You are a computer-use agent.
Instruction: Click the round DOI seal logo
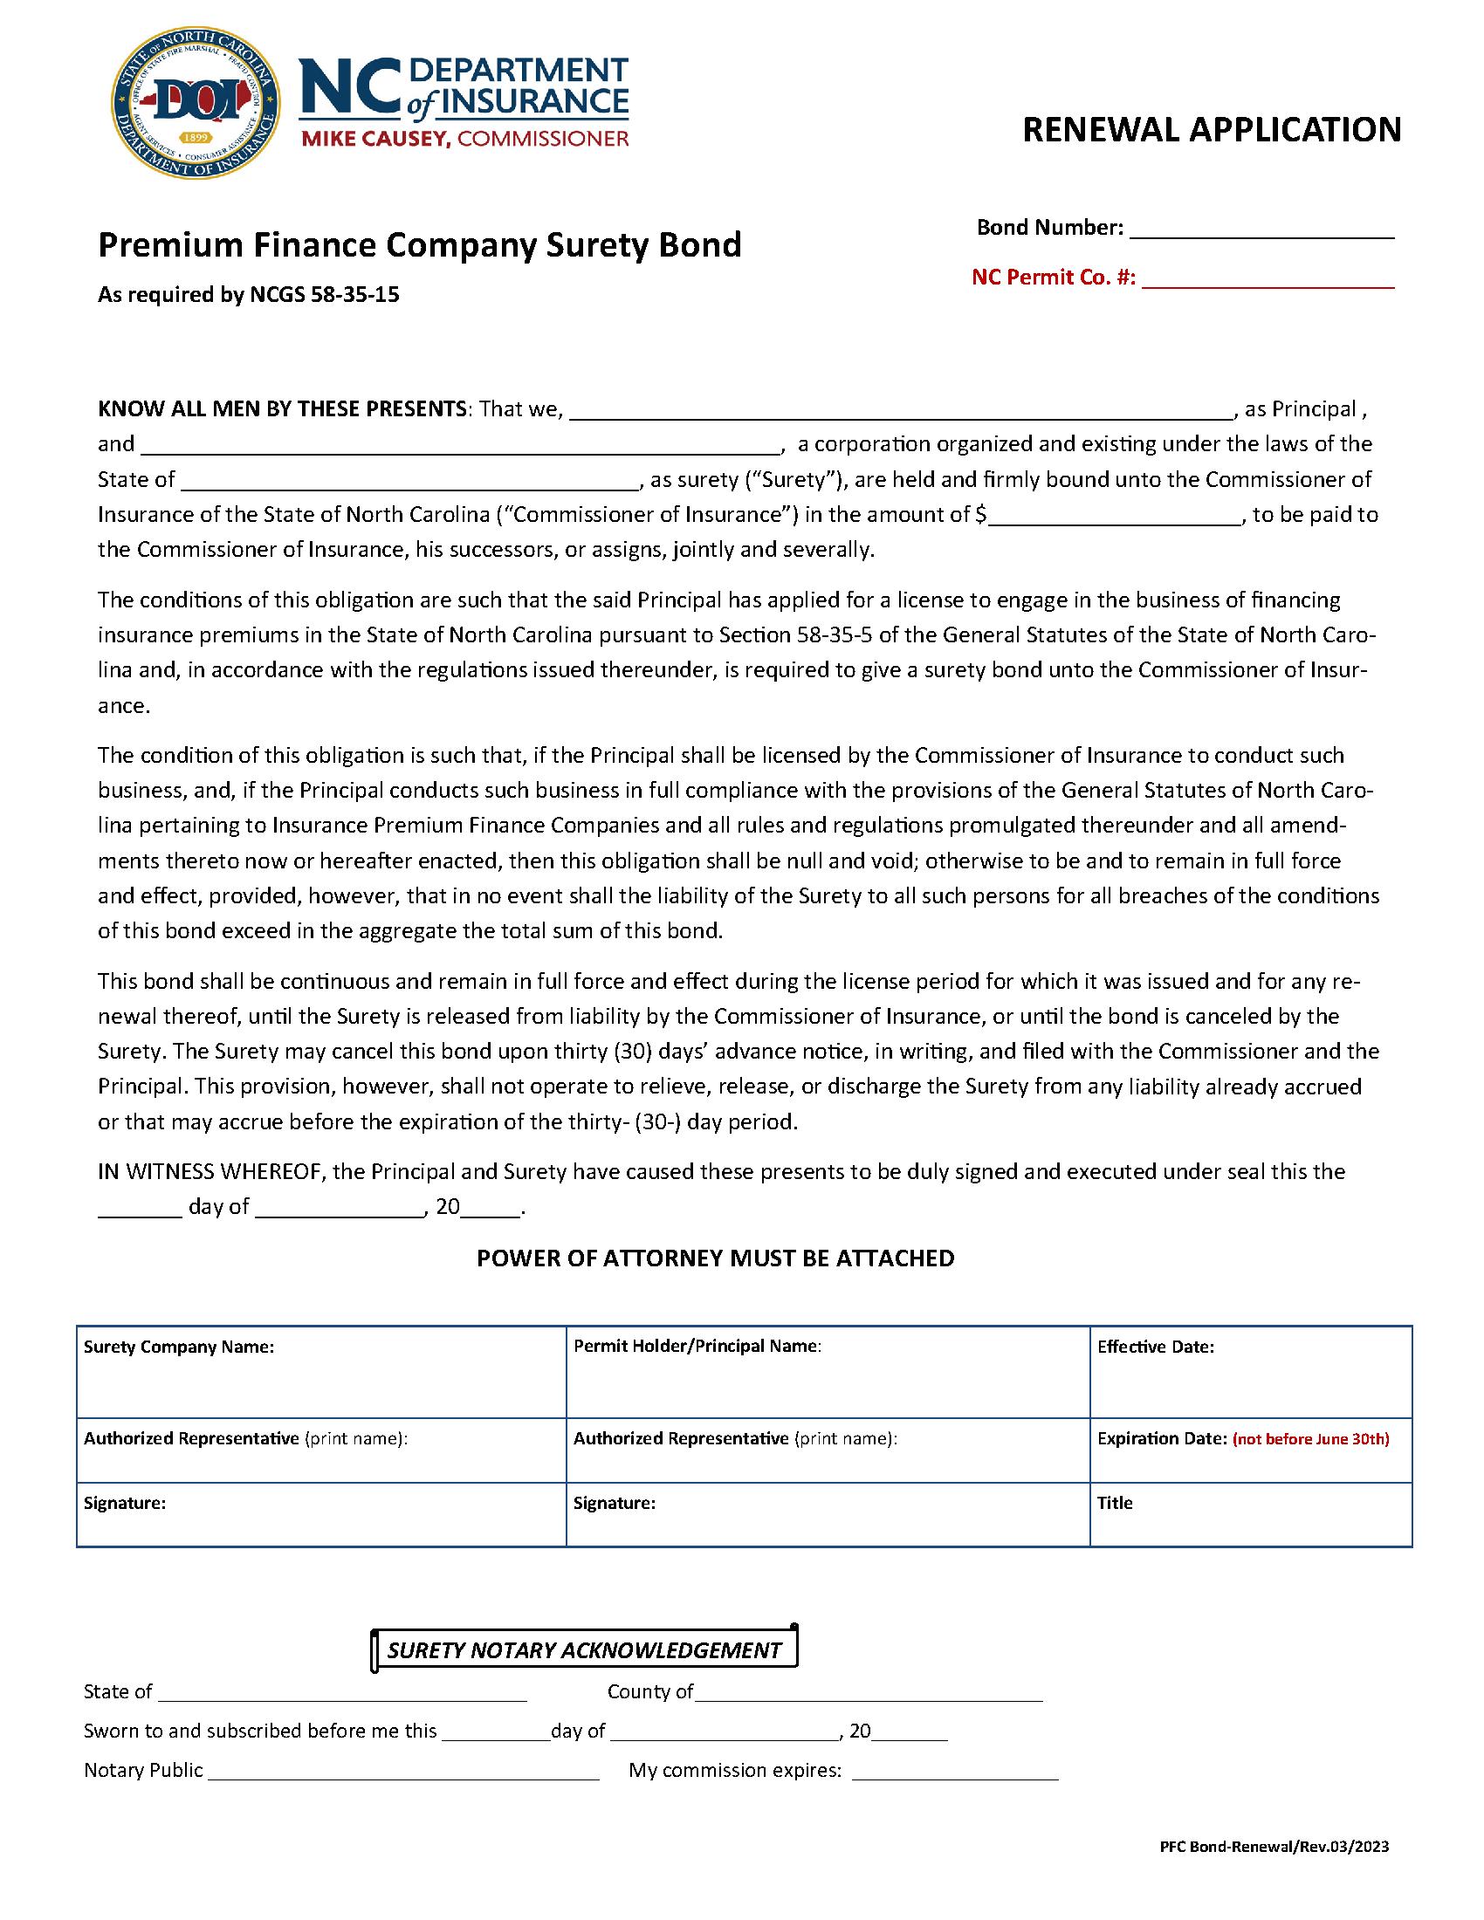(x=196, y=102)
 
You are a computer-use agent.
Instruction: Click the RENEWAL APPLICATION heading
(x=1212, y=129)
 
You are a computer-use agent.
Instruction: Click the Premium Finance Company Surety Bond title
(x=419, y=244)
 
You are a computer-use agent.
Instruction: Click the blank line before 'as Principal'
(x=900, y=411)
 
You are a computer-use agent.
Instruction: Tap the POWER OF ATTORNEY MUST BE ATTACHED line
(x=715, y=1258)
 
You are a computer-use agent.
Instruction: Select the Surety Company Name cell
(x=321, y=1370)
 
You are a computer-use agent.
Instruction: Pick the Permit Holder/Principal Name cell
(x=827, y=1370)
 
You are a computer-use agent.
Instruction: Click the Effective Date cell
(x=1250, y=1370)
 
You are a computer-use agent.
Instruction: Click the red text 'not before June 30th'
(x=1310, y=1439)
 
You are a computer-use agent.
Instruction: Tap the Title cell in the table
(x=1250, y=1514)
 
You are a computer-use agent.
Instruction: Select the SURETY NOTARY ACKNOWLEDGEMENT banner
(x=584, y=1650)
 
